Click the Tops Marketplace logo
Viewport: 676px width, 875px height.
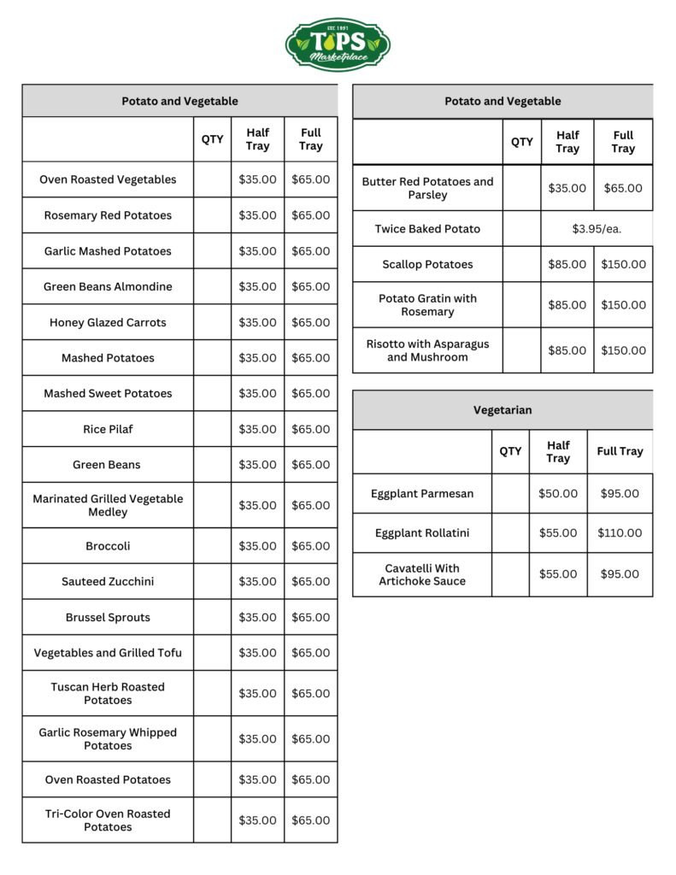(x=338, y=44)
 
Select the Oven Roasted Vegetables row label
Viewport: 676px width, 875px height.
(x=108, y=179)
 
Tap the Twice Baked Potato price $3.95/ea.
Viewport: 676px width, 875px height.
(x=597, y=229)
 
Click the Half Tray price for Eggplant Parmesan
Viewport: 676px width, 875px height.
(x=558, y=494)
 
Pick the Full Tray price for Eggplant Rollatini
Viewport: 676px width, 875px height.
(x=620, y=533)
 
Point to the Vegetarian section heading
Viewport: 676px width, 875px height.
(x=503, y=410)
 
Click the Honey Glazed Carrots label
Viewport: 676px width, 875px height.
(x=108, y=323)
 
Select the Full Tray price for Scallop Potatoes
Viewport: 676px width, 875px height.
(x=623, y=265)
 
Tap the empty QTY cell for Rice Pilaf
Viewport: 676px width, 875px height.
(x=212, y=429)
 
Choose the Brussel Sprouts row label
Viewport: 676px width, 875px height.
(x=108, y=617)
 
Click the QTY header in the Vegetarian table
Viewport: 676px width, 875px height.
(x=510, y=451)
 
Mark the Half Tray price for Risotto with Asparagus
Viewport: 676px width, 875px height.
(x=567, y=350)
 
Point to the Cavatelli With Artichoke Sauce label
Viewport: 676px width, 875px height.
(x=422, y=574)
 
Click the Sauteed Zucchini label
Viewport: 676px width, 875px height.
(x=108, y=582)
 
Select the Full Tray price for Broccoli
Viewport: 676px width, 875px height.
(x=310, y=546)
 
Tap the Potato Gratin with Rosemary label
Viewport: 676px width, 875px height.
(x=427, y=305)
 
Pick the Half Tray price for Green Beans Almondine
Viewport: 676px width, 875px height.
(x=257, y=287)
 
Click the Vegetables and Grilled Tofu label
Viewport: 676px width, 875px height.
(x=108, y=653)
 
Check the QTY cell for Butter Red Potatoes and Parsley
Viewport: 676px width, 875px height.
(x=521, y=188)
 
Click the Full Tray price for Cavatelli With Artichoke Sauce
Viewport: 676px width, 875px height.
(x=620, y=574)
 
